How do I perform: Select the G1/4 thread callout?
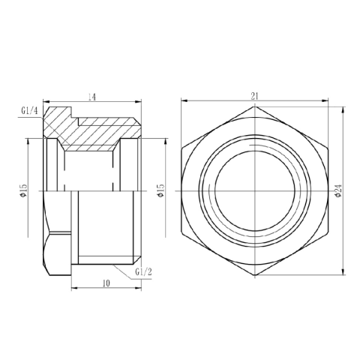[x=29, y=113]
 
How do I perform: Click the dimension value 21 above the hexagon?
[x=254, y=95]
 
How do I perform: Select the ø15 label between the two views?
[x=158, y=190]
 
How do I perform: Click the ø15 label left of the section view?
[x=24, y=192]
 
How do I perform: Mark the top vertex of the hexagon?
[x=254, y=106]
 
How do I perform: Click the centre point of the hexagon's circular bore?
[x=254, y=191]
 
